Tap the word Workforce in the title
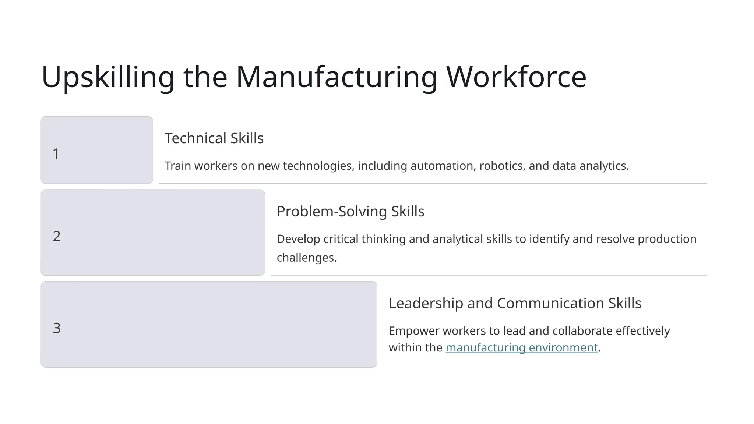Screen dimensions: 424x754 pyautogui.click(x=516, y=77)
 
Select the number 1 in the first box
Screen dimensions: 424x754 pyautogui.click(x=56, y=154)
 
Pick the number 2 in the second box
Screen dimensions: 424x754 pyautogui.click(x=57, y=236)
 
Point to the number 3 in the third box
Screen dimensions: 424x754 pyautogui.click(x=57, y=328)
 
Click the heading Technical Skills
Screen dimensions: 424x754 pyautogui.click(x=214, y=138)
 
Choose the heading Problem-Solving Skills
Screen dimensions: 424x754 pyautogui.click(x=350, y=212)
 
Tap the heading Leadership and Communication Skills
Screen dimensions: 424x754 pyautogui.click(x=515, y=303)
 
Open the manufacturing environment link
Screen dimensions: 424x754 pyautogui.click(x=521, y=348)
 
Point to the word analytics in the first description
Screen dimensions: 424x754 pyautogui.click(x=604, y=166)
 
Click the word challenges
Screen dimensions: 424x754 pyautogui.click(x=306, y=258)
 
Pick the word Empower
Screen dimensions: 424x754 pyautogui.click(x=414, y=331)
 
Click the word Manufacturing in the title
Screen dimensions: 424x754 pyautogui.click(x=337, y=77)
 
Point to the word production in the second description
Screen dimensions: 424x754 pyautogui.click(x=667, y=239)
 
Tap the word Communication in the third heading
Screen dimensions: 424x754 pyautogui.click(x=550, y=303)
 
